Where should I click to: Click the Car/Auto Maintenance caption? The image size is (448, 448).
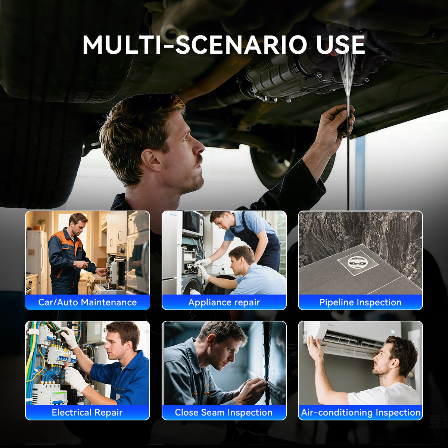pos(87,302)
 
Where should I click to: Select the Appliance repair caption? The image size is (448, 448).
pos(224,302)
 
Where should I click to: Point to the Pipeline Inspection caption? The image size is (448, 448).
pos(360,302)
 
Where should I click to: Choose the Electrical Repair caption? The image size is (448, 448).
pos(87,412)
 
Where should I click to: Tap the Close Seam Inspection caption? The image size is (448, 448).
pos(224,412)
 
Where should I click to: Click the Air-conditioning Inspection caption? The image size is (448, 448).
pos(361,412)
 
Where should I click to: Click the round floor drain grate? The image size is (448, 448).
pos(358,262)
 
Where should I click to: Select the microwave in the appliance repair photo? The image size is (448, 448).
pos(193,223)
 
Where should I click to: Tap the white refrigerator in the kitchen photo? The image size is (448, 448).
pos(37,262)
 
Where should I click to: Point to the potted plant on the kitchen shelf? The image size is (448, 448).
pos(41,224)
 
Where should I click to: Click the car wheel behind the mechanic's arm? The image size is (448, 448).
pos(274,163)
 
